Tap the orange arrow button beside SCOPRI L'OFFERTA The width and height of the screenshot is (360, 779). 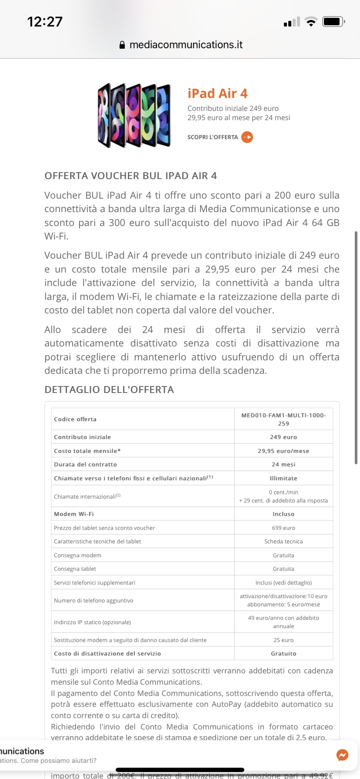coord(247,137)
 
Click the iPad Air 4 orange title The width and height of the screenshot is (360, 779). coord(217,93)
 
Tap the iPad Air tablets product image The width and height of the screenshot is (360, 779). coord(134,115)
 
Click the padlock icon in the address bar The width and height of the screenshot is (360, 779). coord(122,45)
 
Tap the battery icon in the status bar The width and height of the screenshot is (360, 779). coord(333,21)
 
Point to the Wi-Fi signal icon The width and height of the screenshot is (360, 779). coord(311,22)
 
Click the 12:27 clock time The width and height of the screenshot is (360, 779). coord(45,22)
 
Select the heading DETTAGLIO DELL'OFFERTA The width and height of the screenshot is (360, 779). coord(109,389)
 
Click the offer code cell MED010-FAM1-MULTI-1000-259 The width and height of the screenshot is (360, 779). coord(283,419)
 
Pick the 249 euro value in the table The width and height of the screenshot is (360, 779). coord(283,437)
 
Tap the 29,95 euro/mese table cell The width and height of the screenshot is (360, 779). coord(283,451)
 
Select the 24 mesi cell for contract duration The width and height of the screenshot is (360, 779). coord(283,464)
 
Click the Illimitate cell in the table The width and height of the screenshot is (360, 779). coord(283,478)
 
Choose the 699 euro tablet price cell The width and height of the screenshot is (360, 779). coord(283,528)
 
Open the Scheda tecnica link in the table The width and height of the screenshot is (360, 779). coord(283,541)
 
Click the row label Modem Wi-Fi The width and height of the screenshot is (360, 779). coord(74,514)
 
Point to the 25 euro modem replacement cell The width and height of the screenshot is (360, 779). coord(283,640)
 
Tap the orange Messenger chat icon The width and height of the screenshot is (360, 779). coord(343,755)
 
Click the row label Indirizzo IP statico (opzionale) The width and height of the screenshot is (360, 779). coord(92,622)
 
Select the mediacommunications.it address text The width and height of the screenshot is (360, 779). coord(186,45)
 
